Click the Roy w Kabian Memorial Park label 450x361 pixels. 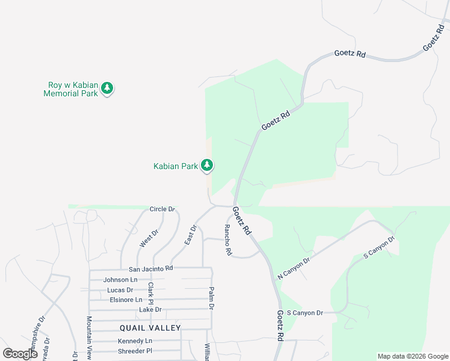(x=70, y=89)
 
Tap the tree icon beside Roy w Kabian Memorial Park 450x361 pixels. (x=107, y=89)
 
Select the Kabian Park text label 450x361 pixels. (x=176, y=166)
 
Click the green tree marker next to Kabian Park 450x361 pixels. (x=207, y=165)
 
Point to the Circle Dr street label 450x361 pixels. (x=162, y=209)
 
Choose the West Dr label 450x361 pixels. (x=149, y=238)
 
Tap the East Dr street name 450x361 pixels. (x=190, y=234)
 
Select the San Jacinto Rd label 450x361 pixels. (x=151, y=268)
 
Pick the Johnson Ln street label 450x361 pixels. (x=120, y=280)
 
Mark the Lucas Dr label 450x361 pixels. (x=120, y=290)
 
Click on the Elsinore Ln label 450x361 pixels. (x=126, y=300)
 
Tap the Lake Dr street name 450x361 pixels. (x=150, y=309)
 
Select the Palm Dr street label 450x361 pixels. (x=211, y=298)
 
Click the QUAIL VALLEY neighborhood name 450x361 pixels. (x=150, y=328)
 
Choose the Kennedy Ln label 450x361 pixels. (x=135, y=341)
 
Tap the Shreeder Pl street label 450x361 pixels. (x=135, y=351)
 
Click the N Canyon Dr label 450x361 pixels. (x=293, y=268)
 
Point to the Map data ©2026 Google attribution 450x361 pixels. (x=413, y=356)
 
